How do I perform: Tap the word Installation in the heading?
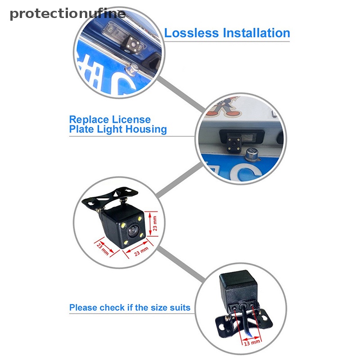pos(254,33)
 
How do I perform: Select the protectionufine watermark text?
pos(67,13)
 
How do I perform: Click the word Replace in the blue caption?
pos(89,120)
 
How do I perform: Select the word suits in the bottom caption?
pos(179,308)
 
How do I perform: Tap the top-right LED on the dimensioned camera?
pos(141,219)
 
